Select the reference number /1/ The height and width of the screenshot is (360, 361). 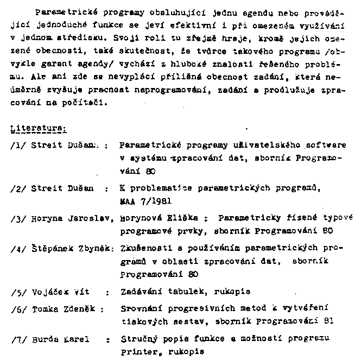coord(17,145)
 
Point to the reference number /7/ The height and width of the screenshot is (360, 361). coord(17,341)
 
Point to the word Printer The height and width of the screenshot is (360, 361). coord(137,351)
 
